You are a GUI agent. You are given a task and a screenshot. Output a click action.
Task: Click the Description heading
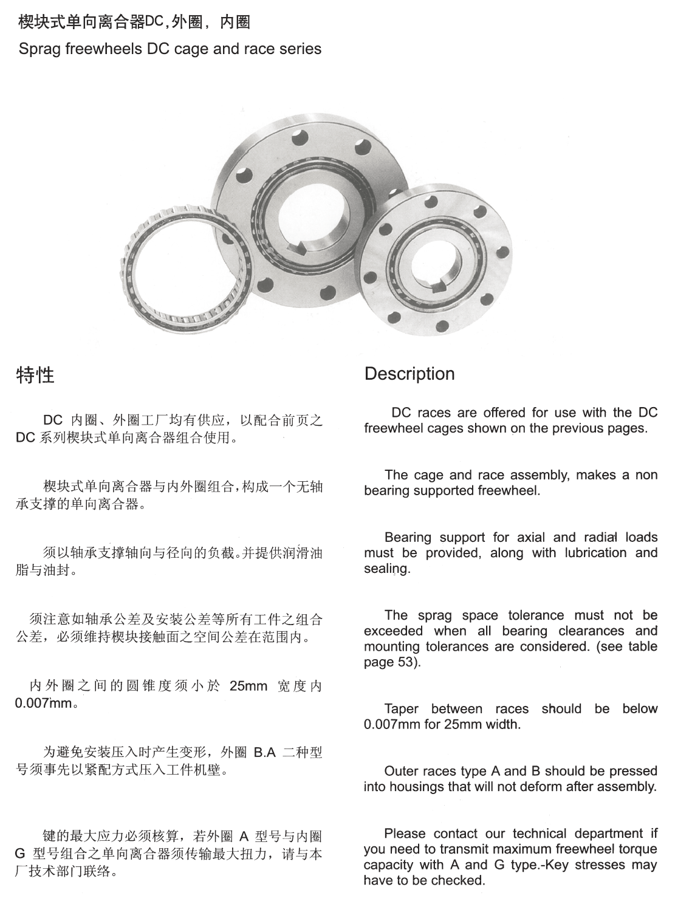click(x=409, y=374)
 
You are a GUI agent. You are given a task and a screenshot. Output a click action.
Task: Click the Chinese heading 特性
click(x=35, y=375)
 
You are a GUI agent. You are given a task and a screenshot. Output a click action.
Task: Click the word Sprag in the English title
click(x=39, y=49)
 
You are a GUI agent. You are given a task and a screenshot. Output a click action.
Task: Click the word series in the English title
click(x=300, y=49)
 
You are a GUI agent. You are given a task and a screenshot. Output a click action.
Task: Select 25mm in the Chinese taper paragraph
click(x=248, y=687)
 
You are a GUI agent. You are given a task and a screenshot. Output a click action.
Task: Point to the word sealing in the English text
click(x=386, y=569)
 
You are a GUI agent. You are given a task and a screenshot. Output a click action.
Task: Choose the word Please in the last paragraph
click(x=406, y=834)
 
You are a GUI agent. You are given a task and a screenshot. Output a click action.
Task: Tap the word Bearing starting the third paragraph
click(x=408, y=537)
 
